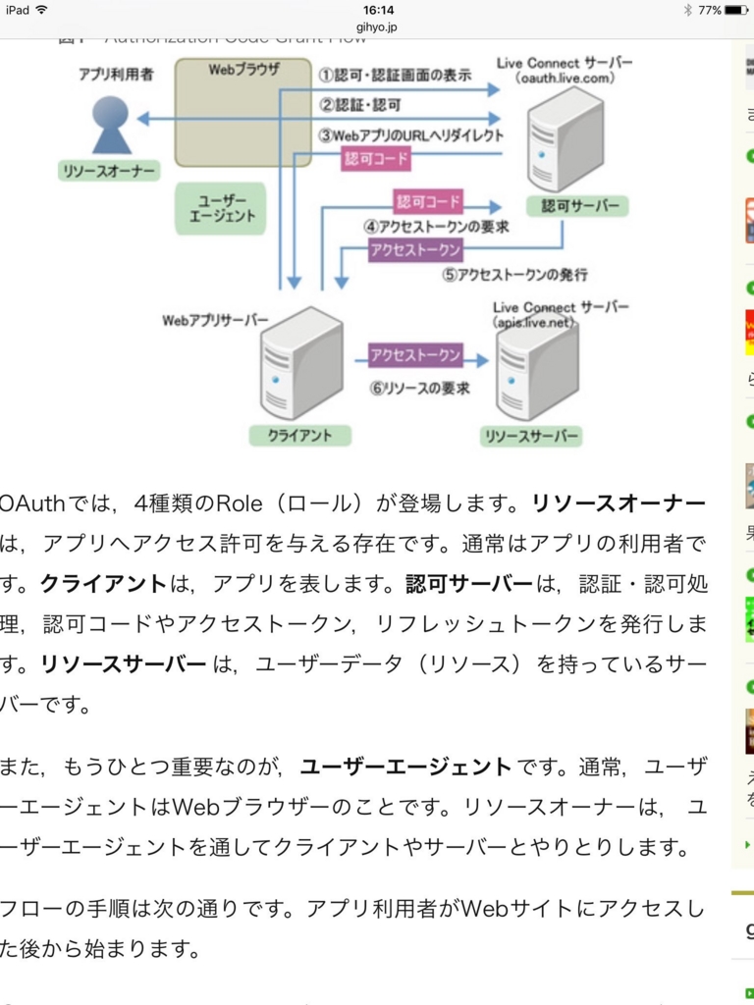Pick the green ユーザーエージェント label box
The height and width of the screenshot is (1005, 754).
pos(221,208)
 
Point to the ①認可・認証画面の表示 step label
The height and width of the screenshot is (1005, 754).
pos(395,75)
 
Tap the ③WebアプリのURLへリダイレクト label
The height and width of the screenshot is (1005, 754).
pos(410,134)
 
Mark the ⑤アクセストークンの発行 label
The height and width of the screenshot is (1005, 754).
pos(514,274)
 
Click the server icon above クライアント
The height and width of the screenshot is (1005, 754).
pos(300,363)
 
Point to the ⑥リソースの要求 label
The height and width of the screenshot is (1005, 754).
pos(419,388)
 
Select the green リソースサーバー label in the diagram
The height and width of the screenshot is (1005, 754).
pos(531,436)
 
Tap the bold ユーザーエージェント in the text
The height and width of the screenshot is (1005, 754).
pos(405,767)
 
